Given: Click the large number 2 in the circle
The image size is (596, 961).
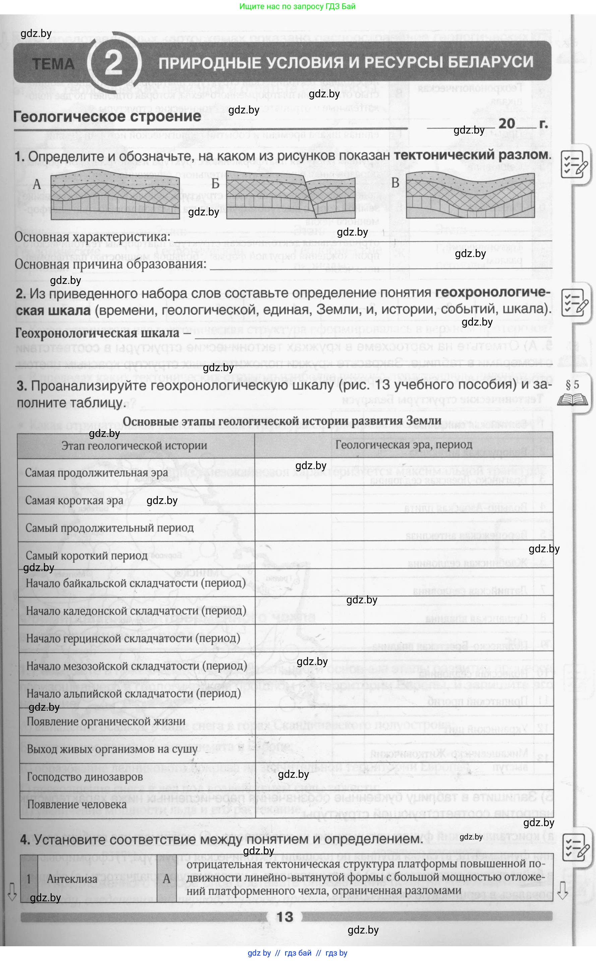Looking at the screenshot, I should click(114, 63).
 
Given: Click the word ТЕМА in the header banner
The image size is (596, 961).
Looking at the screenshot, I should click(53, 64).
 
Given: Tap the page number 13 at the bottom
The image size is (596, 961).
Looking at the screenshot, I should click(285, 916).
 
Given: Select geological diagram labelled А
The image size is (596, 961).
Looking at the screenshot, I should click(115, 195).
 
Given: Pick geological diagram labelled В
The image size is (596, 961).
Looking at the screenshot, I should click(470, 195).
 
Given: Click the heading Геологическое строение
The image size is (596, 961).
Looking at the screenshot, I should click(107, 117).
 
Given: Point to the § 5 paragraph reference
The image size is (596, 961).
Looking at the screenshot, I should click(572, 385).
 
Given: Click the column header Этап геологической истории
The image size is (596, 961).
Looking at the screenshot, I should click(134, 445).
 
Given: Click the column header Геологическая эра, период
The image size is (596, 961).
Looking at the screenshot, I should click(404, 445).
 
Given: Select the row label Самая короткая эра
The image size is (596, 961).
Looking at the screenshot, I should click(74, 501).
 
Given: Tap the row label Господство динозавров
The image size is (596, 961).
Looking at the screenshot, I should click(85, 777).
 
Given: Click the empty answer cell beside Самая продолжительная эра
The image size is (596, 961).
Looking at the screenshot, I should click(404, 472).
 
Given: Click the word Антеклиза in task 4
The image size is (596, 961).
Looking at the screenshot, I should click(72, 878).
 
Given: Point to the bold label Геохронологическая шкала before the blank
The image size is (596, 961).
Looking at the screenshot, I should click(97, 333).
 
